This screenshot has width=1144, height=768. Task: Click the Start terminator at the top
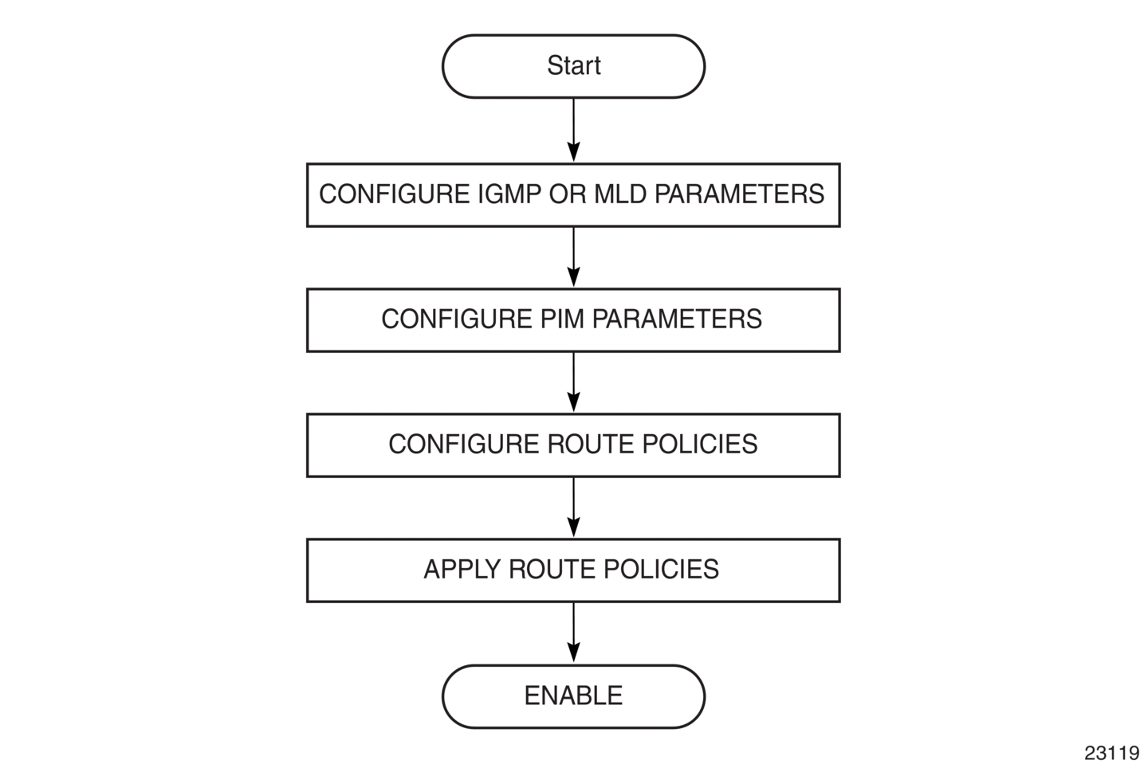(573, 66)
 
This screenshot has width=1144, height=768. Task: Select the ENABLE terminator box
(573, 696)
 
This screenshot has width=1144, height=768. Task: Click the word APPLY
(462, 570)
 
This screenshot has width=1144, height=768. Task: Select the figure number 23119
(1111, 753)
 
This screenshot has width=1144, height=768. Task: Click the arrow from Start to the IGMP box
(573, 130)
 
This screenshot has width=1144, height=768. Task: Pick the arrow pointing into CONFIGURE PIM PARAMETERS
(573, 257)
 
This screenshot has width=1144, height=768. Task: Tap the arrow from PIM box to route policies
(573, 382)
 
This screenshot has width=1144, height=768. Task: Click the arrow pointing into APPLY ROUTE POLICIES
(573, 507)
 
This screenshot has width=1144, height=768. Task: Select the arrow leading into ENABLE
(573, 633)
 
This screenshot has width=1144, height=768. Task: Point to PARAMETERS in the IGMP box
(740, 194)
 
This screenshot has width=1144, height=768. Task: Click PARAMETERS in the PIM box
(677, 319)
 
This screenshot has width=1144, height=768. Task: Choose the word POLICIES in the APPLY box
(662, 570)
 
